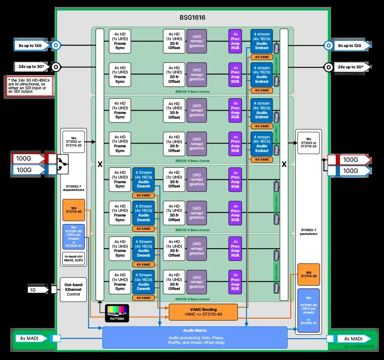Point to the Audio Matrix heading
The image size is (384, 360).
click(195, 331)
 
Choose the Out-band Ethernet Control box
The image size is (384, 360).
click(73, 290)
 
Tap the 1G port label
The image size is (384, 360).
click(33, 290)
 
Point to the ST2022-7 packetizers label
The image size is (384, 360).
click(308, 231)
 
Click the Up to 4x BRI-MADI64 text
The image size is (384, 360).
click(359, 346)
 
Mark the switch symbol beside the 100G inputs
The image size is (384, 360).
click(63, 164)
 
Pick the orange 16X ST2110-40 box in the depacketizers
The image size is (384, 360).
click(74, 210)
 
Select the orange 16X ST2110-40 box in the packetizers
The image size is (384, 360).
click(308, 274)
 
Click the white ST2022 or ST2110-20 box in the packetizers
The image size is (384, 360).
click(308, 143)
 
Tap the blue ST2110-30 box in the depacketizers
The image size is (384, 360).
click(74, 237)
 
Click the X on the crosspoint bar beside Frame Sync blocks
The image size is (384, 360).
click(100, 164)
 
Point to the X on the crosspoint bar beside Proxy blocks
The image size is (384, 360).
click(284, 164)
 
